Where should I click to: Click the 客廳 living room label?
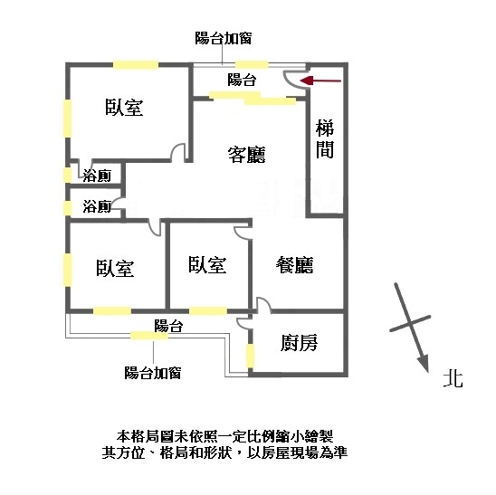coord(247,155)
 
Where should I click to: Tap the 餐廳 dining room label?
coord(295,265)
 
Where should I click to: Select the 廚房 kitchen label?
coord(299,343)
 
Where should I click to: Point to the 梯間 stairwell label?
coord(325,138)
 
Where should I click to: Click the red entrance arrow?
coord(320,81)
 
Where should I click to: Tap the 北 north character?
coord(453,378)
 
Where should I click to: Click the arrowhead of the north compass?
coord(424,363)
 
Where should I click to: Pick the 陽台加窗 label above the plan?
coord(224,38)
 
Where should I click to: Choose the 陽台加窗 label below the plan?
coord(153,373)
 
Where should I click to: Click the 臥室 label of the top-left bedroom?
coord(124,107)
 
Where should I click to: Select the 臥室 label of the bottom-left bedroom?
coord(115,269)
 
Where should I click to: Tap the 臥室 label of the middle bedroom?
coord(207,265)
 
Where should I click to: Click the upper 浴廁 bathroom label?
coord(97,176)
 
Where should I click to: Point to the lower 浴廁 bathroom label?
coord(97,206)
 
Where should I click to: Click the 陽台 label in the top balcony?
coord(242,80)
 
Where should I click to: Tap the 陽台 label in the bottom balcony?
coord(168,326)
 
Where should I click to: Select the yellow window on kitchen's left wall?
coord(250,356)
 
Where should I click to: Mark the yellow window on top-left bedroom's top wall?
coord(136,65)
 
